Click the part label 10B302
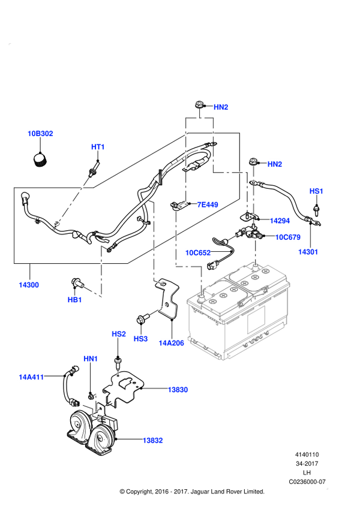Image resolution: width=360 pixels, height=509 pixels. tap(40, 134)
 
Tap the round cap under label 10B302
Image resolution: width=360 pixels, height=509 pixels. tap(41, 160)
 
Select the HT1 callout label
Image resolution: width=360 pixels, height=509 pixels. tap(98, 147)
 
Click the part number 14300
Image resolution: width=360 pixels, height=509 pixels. tap(29, 285)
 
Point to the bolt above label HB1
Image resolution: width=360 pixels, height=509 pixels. tap(77, 283)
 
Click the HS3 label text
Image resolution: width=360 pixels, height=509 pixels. tap(140, 339)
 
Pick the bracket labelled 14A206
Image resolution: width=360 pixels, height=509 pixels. tap(167, 299)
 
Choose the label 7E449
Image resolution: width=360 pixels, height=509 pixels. tap(208, 204)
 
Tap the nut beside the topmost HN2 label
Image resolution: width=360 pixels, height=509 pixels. tap(199, 106)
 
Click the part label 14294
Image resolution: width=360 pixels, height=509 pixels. tap(280, 221)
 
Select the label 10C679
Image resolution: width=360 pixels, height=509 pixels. tap(288, 237)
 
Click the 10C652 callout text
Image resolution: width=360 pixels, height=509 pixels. tap(198, 252)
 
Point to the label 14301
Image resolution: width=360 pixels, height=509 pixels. tap(308, 252)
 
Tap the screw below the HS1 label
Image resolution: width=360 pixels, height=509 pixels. tap(316, 210)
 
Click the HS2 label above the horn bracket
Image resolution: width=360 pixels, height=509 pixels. tap(119, 334)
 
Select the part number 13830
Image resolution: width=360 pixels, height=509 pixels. tap(178, 390)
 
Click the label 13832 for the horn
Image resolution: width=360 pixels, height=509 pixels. tap(153, 440)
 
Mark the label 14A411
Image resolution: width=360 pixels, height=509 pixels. tap(31, 377)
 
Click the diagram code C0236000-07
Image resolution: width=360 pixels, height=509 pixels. tap(307, 482)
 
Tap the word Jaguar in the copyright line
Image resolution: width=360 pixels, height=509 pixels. tap(200, 492)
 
